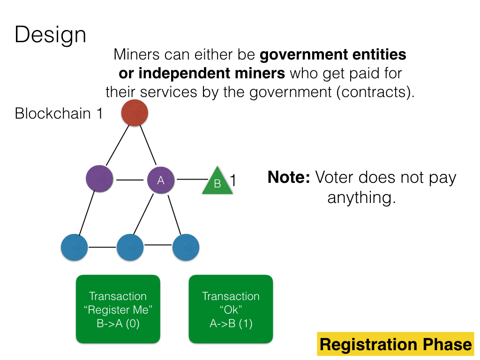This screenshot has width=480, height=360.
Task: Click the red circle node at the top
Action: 135,112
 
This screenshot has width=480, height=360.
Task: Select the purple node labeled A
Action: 161,180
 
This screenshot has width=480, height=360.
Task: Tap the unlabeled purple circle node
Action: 99,179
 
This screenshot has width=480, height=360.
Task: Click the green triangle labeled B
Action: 217,181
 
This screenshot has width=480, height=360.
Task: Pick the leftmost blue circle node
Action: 75,247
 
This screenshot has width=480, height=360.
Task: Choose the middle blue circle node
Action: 130,247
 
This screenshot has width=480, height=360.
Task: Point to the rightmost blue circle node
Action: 186,247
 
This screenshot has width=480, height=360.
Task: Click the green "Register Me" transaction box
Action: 118,309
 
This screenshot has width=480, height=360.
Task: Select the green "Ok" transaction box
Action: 231,309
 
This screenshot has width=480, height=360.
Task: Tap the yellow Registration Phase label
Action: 396,344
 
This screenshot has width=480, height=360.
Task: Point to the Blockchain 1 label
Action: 59,113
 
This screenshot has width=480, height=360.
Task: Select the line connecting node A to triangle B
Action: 193,179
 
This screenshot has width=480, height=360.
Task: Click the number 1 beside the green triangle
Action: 233,180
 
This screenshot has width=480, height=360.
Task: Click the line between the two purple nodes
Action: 130,180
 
